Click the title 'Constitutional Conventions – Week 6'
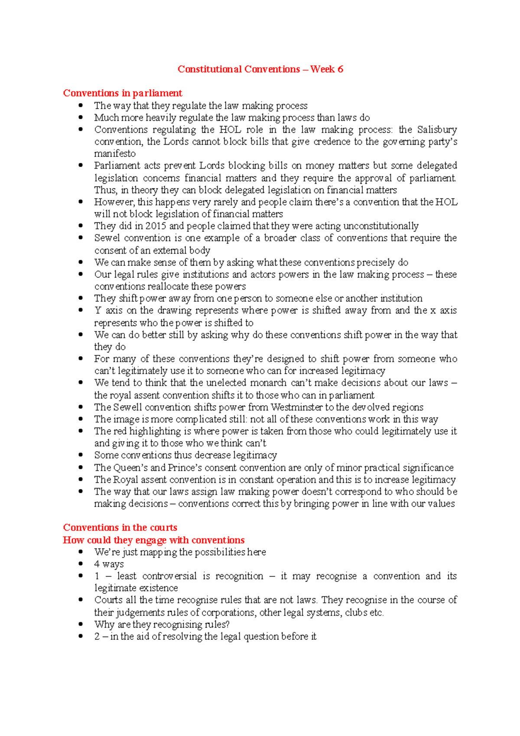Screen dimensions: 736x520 (x=260, y=69)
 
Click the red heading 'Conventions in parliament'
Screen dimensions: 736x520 (x=123, y=93)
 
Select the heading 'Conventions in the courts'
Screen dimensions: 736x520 (x=120, y=528)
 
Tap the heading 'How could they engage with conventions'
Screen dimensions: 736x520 (x=154, y=540)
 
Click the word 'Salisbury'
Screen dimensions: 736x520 (x=437, y=130)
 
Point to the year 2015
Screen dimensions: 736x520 (x=156, y=226)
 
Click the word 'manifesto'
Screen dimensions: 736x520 (x=115, y=153)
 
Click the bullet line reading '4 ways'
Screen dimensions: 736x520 (x=109, y=564)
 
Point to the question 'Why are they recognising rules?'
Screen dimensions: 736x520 (x=162, y=625)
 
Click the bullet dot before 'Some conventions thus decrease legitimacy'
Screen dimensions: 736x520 (x=81, y=455)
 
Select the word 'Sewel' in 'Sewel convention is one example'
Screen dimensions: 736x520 (x=107, y=238)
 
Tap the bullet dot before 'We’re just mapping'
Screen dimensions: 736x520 (x=81, y=552)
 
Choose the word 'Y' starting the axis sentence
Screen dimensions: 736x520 (x=97, y=310)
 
